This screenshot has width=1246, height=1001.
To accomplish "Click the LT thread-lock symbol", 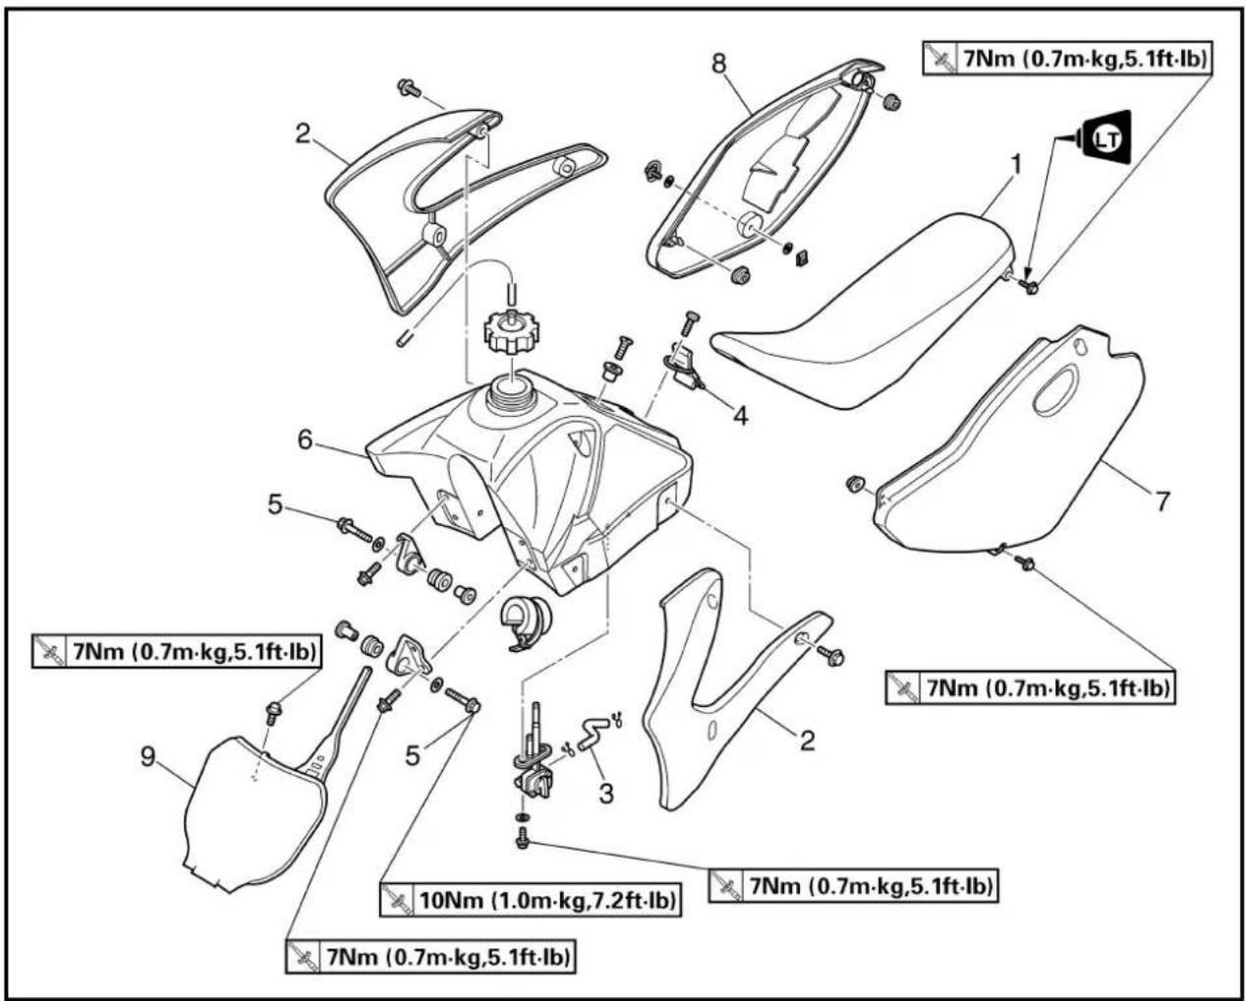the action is (x=1104, y=139).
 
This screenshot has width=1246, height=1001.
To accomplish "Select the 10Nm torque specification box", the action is (x=530, y=900).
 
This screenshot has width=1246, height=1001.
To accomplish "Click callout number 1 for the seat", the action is (x=1015, y=165).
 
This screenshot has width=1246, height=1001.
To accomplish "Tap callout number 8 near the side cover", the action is (x=718, y=64).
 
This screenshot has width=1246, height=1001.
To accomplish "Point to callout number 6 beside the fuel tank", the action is (x=306, y=440).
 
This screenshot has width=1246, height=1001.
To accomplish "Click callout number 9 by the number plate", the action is (x=148, y=756).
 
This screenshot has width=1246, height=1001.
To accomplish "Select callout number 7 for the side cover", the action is (x=1162, y=501).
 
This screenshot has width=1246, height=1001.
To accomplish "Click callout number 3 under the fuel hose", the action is (x=605, y=794).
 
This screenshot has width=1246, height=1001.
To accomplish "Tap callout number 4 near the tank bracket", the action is (x=740, y=415).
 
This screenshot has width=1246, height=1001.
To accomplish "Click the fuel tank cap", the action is (x=512, y=331).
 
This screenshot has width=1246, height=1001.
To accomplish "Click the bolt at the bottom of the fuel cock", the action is (x=523, y=838).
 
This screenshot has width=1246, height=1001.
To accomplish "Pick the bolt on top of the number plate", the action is (x=271, y=712).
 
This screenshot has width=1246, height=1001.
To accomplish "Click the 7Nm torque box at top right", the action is (x=1067, y=59).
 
